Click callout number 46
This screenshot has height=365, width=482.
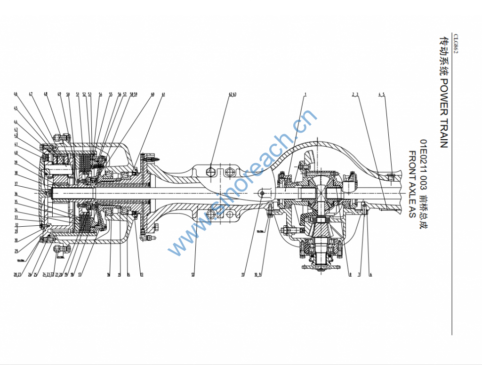click(16, 94)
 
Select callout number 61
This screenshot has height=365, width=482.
click(163, 94)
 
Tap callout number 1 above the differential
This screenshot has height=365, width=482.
click(305, 94)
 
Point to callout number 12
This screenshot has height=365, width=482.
click(193, 275)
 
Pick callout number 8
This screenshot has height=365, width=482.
click(350, 275)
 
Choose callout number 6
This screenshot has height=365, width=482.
click(370, 275)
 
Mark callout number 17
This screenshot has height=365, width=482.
click(80, 275)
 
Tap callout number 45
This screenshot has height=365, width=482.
click(16, 108)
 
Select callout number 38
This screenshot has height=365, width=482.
click(16, 173)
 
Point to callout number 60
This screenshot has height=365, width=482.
click(153, 94)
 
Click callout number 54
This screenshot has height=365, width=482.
click(100, 94)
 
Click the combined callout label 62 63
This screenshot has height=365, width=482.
click(233, 94)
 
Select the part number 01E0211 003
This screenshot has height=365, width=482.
click(423, 160)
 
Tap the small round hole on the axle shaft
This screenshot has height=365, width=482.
click(262, 192)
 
